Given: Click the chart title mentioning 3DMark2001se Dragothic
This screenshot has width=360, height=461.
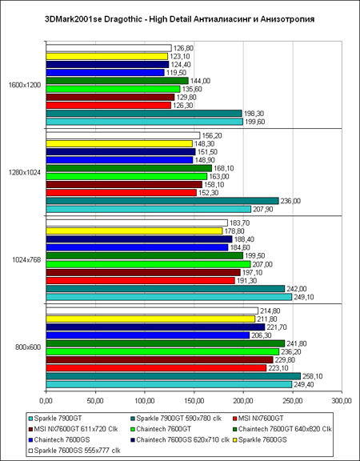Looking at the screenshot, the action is pos(179,19).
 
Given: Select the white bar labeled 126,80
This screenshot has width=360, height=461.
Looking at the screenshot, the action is pos(109,48).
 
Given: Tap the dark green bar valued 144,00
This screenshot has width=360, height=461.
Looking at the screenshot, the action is pos(118,81).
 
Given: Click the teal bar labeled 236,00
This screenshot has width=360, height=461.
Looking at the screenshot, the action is pos(162,201).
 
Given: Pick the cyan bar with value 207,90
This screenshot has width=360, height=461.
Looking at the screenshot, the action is pos(149,209).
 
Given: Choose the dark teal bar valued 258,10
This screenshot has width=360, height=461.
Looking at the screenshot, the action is pos(174,376).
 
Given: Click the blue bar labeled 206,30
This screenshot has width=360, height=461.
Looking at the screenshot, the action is pos(148,335).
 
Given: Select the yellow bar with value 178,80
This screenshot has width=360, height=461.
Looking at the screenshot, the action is pos(134,231).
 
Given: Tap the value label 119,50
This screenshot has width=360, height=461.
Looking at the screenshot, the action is pos(176,73).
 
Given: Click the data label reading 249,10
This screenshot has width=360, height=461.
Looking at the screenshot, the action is pos(303,297).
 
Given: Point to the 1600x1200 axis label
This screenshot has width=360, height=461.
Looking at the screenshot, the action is pos(25,85).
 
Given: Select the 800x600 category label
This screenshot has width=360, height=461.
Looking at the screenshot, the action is pos(28,347).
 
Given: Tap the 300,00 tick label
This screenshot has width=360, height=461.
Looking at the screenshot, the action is pos(342,401).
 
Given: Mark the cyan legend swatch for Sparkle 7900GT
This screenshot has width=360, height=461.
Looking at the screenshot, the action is pos(31,419).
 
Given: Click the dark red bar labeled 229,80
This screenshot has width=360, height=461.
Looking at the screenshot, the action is pos(159,359).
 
